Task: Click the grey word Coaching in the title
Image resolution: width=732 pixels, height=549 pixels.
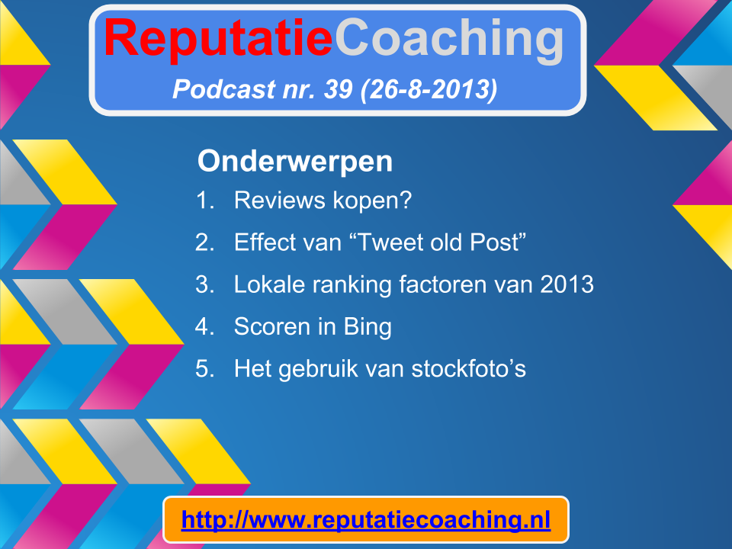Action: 450,40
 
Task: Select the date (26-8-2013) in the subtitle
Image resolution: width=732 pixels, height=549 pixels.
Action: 429,90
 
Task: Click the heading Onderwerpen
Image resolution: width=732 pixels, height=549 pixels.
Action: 295,162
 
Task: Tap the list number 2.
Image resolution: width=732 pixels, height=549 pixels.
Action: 205,242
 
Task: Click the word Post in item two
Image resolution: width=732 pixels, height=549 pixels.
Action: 494,242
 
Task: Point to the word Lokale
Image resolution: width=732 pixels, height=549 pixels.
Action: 269,284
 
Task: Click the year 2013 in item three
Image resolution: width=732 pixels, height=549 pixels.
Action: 567,284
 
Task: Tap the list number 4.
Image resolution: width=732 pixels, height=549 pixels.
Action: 205,326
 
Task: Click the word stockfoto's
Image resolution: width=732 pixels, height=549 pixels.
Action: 469,368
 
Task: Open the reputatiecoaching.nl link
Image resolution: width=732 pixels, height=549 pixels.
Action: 366,520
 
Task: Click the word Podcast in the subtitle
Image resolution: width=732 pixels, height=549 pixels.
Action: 224,88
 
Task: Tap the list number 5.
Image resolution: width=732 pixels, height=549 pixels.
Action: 205,368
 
